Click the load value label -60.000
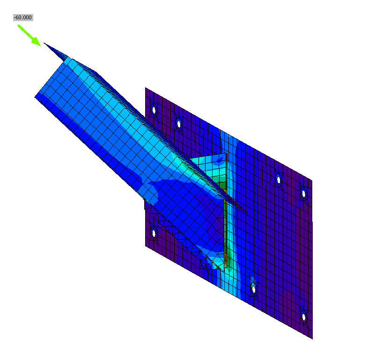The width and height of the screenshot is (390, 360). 23,17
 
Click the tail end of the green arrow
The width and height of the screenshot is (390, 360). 19,25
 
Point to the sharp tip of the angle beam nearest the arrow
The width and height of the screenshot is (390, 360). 44,43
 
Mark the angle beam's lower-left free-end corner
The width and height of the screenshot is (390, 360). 36,97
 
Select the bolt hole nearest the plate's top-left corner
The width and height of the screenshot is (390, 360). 154,110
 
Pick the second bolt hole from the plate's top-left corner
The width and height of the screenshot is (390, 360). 178,123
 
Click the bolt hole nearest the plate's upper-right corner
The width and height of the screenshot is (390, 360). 303,193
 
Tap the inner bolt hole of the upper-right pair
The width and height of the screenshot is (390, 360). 279,179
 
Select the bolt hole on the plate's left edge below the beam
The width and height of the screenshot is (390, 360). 154,232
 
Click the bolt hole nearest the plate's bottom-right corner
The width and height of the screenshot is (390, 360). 304,317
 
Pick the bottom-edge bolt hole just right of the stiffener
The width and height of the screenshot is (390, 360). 253,288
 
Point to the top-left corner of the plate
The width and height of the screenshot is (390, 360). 146,88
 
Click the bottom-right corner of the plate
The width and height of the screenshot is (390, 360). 312,338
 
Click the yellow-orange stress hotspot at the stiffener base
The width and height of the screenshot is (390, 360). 226,260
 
